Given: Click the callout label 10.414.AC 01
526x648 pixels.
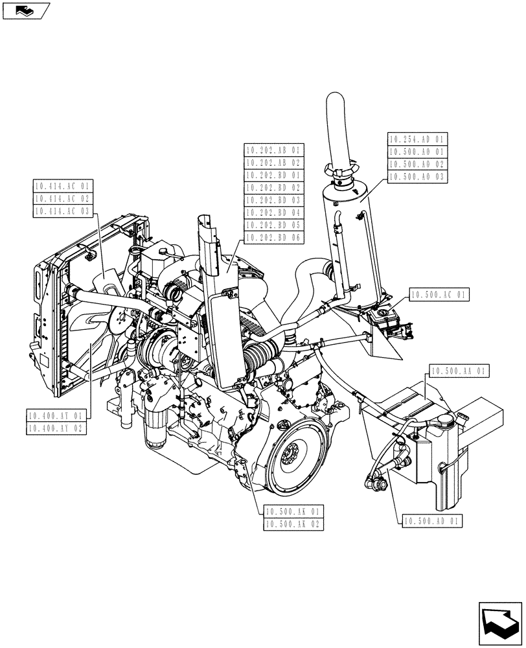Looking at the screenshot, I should pyautogui.click(x=63, y=186).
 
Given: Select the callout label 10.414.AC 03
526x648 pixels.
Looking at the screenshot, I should pyautogui.click(x=63, y=211).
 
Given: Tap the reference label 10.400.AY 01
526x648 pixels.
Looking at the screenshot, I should pyautogui.click(x=56, y=415).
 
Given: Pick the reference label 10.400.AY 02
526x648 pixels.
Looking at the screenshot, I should pyautogui.click(x=56, y=428).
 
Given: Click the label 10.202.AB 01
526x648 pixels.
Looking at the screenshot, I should pyautogui.click(x=274, y=150).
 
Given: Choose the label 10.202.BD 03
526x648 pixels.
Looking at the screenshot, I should pyautogui.click(x=274, y=200).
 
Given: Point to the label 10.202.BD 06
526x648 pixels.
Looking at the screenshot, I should pyautogui.click(x=274, y=237).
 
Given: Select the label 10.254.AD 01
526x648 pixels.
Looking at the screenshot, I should pyautogui.click(x=418, y=139).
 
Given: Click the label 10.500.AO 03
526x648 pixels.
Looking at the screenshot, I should pyautogui.click(x=418, y=176).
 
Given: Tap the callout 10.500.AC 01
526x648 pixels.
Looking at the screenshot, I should pyautogui.click(x=440, y=294).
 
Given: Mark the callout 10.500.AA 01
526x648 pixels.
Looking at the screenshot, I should pyautogui.click(x=459, y=371).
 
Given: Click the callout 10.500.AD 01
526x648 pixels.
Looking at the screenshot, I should pyautogui.click(x=432, y=520).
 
